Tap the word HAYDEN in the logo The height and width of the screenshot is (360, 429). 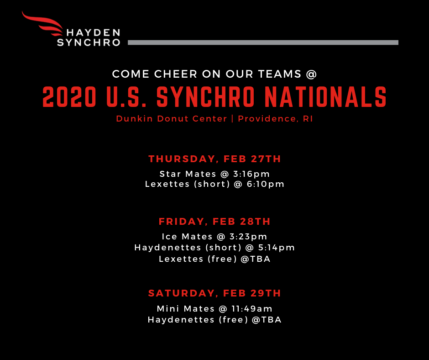[x=93, y=33]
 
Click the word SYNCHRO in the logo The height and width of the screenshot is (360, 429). [x=89, y=42]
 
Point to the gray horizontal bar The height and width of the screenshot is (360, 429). [x=263, y=42]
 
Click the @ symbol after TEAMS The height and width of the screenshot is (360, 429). [x=311, y=74]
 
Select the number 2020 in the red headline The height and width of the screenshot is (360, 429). [x=69, y=97]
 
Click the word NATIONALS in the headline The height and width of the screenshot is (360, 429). [x=325, y=97]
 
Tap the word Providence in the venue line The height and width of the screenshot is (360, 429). [x=268, y=119]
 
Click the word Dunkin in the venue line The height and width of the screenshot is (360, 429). [x=134, y=119]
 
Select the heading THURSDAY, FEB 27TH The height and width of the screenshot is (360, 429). [x=215, y=159]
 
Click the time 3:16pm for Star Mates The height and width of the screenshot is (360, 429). [x=251, y=174]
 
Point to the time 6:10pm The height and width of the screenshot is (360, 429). [x=266, y=184]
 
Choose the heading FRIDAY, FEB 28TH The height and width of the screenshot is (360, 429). [x=215, y=222]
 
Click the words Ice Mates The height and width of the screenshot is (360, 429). [x=187, y=237]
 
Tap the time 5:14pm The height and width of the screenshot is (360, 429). [x=276, y=248]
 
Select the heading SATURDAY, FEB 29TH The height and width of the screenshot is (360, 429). [x=215, y=293]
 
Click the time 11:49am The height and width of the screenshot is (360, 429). [x=252, y=309]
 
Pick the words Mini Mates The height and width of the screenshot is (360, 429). [x=185, y=309]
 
